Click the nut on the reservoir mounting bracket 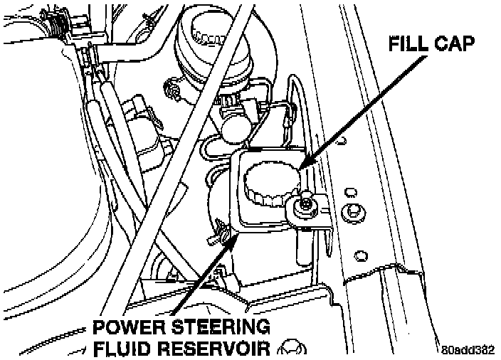click(304, 206)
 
